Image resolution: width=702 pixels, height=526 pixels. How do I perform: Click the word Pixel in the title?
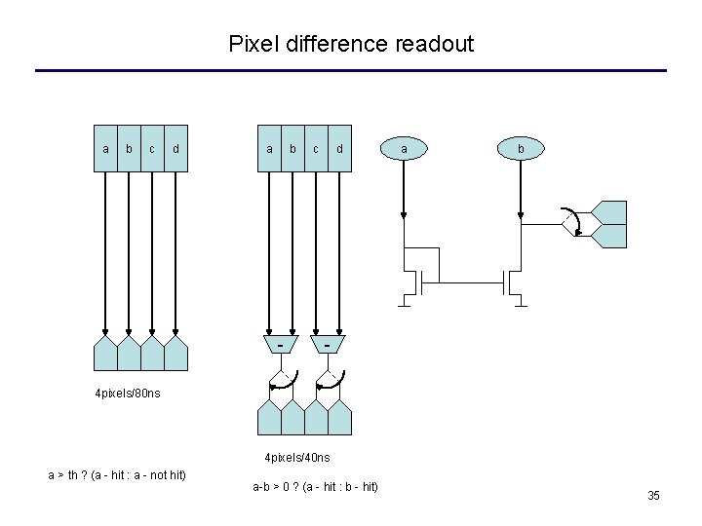(x=250, y=44)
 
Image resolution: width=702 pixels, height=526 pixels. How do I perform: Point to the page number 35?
(x=653, y=497)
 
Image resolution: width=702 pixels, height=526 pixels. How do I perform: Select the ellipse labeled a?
(x=405, y=148)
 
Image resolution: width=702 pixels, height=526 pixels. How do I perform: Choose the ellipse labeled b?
(x=521, y=148)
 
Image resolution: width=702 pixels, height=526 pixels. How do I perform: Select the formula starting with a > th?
(x=117, y=474)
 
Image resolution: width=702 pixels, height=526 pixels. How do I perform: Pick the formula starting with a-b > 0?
(x=315, y=486)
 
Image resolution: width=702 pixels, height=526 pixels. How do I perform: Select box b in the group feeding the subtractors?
(x=292, y=148)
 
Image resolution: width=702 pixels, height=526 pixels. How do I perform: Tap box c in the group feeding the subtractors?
(x=316, y=148)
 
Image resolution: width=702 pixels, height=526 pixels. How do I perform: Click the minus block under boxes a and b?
(x=281, y=345)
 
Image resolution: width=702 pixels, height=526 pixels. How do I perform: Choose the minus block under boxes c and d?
(x=328, y=345)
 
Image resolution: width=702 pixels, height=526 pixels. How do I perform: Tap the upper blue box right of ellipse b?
(x=610, y=211)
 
